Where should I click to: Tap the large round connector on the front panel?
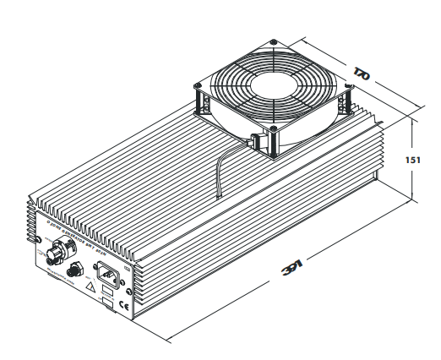[60, 250]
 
